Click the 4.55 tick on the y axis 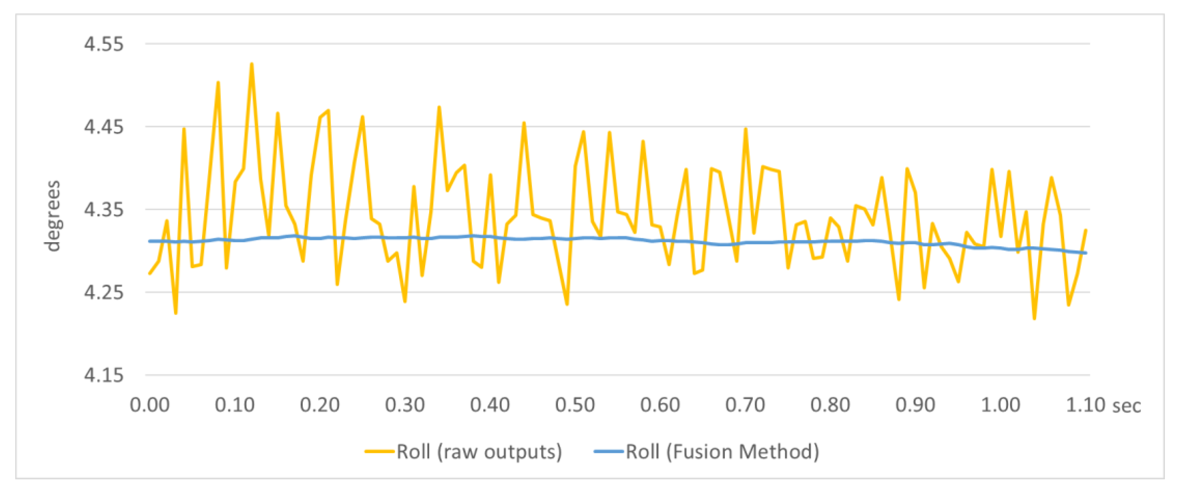point(103,44)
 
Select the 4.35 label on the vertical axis point(103,210)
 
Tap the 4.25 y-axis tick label point(103,292)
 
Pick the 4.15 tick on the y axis point(103,376)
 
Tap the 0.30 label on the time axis point(405,405)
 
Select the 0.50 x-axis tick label point(575,405)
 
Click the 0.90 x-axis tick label point(915,405)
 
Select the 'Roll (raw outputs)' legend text point(479,452)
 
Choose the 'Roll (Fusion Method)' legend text point(722,452)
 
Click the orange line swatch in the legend point(379,452)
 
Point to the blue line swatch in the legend point(609,452)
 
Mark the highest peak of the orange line point(251,64)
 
